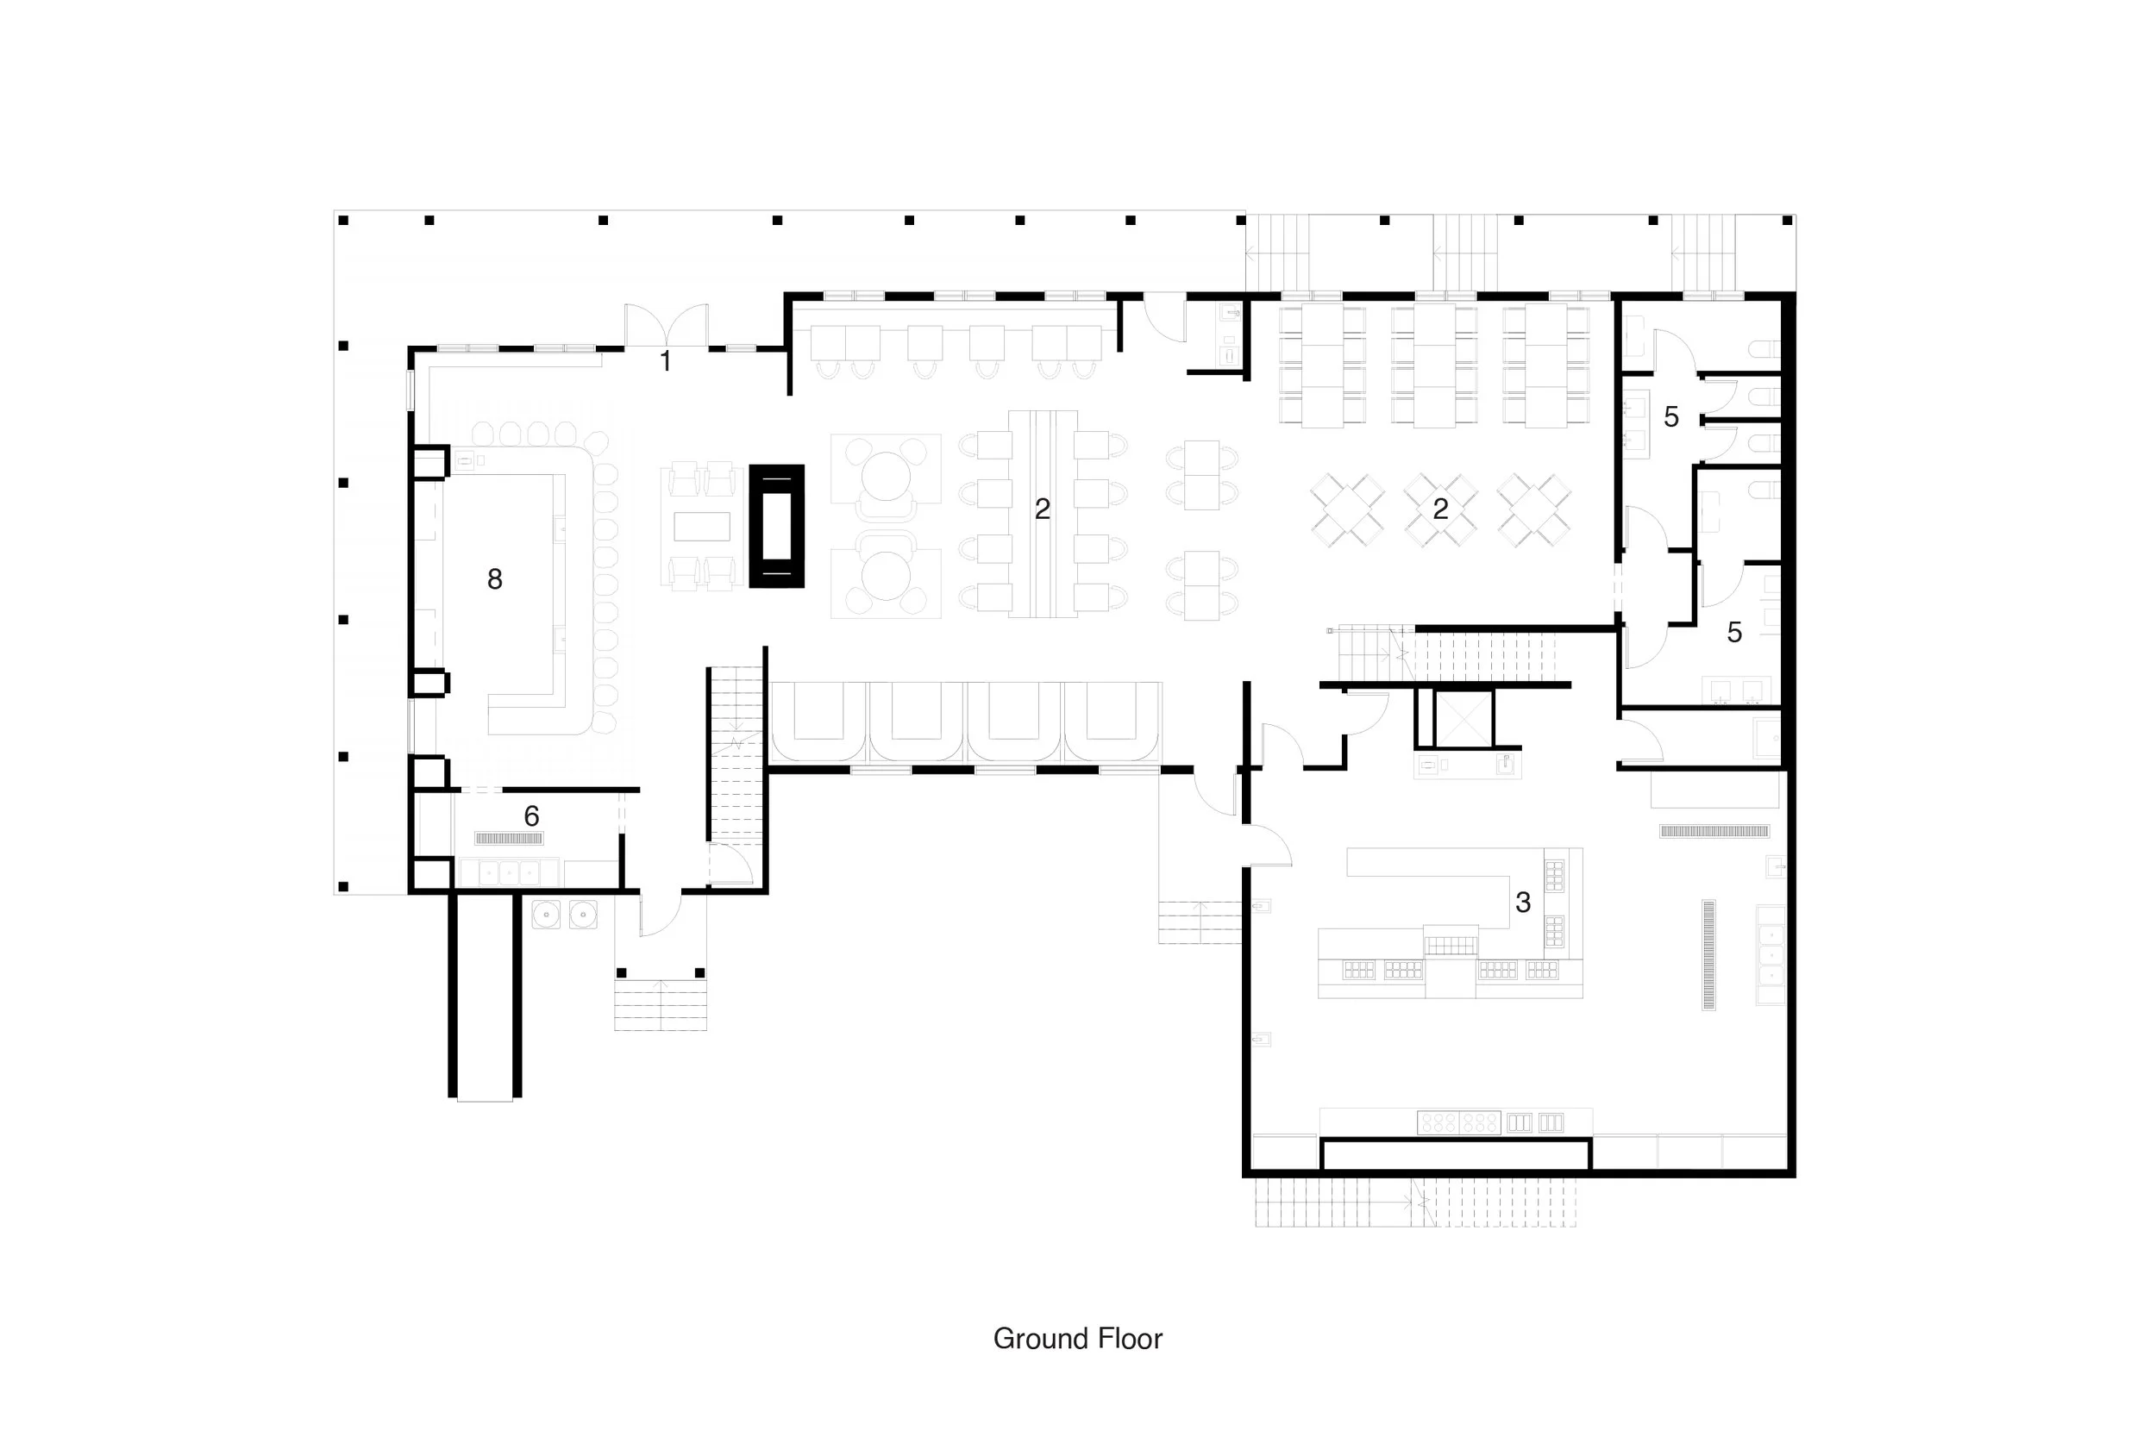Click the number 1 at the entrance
[x=666, y=361]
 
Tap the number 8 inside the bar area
[x=495, y=578]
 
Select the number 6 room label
[x=531, y=815]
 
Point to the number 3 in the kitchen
[x=1523, y=903]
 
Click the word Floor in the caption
[x=1125, y=1339]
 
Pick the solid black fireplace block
[x=776, y=526]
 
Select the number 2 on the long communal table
[x=1043, y=509]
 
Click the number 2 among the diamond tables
[x=1440, y=509]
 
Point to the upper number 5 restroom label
[x=1671, y=417]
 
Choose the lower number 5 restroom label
[x=1734, y=632]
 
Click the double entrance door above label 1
[x=667, y=325]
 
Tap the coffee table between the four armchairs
[x=702, y=526]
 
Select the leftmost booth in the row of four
[x=818, y=722]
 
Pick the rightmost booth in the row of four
[x=1112, y=722]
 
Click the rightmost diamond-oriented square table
[x=1534, y=509]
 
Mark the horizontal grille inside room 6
[x=509, y=838]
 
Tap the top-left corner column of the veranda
[x=344, y=220]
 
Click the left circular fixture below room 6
[x=548, y=914]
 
